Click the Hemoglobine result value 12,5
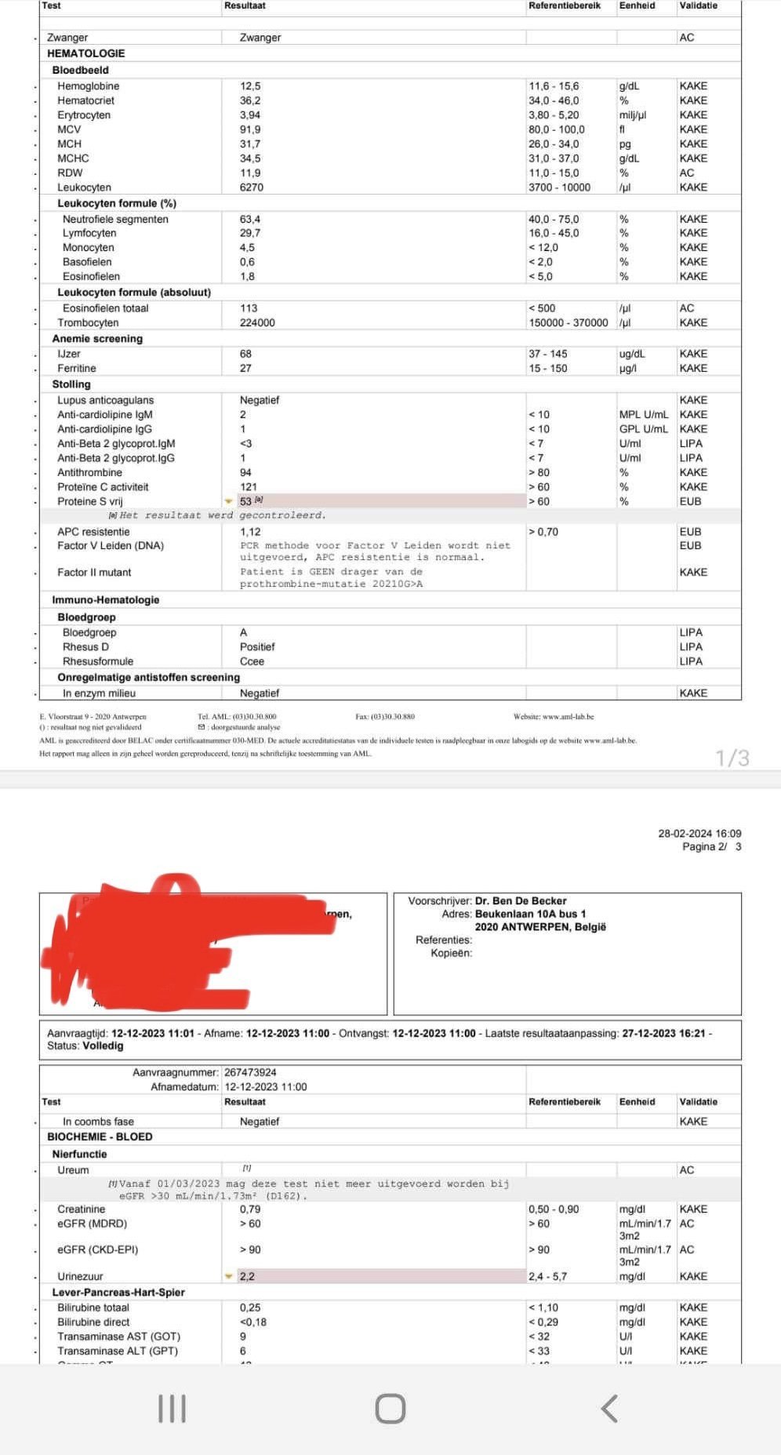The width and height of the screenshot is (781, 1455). [250, 86]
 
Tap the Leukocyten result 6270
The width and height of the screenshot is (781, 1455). [252, 187]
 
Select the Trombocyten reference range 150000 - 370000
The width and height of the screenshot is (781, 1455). [568, 323]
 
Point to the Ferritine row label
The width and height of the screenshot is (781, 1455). [77, 369]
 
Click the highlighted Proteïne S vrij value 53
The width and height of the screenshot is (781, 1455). [246, 501]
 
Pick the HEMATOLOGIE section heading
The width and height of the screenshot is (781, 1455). [86, 53]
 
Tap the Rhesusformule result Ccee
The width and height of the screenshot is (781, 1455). [252, 661]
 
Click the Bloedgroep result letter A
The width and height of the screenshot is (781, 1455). [244, 632]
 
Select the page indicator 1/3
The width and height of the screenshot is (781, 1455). [732, 758]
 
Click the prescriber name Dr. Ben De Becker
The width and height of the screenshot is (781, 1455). [521, 901]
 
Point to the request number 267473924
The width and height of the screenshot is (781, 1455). [250, 1072]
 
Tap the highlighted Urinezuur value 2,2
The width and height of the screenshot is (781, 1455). [247, 1276]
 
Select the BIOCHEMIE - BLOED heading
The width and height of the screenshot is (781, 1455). [100, 1137]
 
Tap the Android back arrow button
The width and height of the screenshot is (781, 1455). [609, 1409]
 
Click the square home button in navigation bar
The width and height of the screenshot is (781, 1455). [390, 1409]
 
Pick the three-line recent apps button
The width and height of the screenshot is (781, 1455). [173, 1409]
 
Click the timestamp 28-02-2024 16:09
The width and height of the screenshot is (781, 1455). [699, 834]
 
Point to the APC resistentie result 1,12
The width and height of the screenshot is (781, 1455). [250, 532]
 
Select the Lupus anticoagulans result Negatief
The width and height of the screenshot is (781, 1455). [260, 400]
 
